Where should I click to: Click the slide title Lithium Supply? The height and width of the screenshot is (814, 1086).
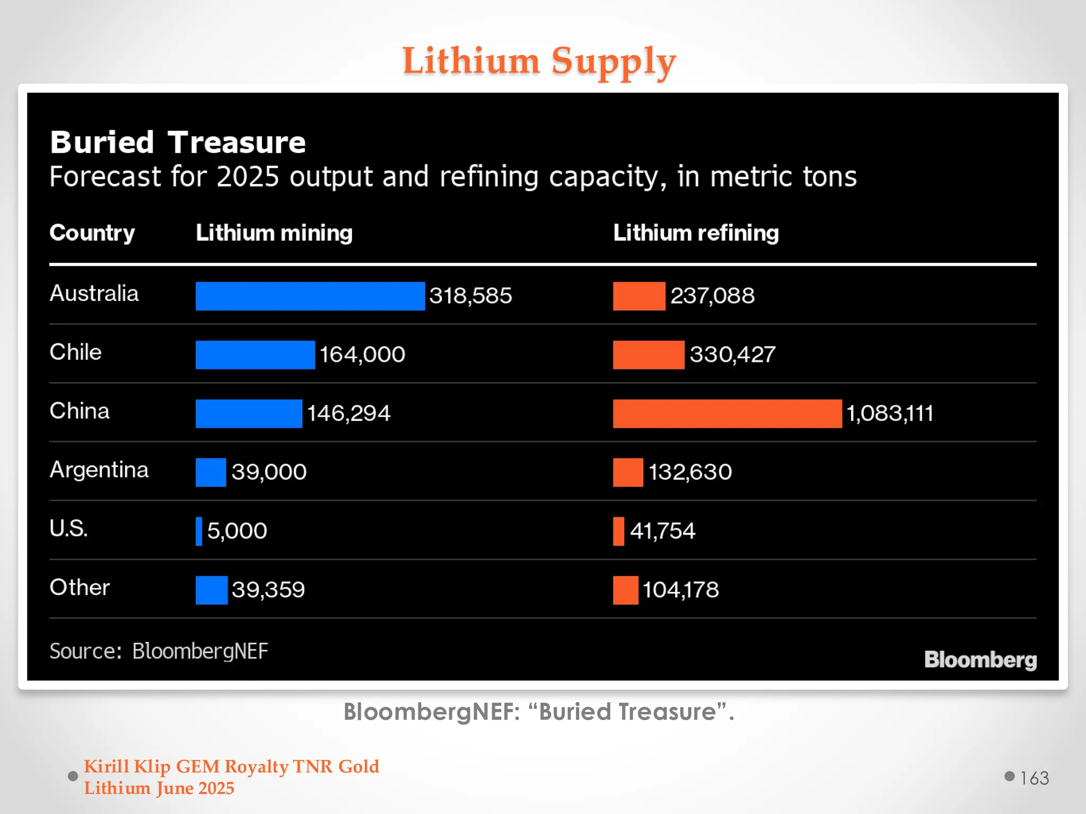(x=539, y=61)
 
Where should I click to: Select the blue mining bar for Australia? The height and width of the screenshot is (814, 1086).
(x=310, y=296)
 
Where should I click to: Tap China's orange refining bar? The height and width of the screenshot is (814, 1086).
(x=727, y=413)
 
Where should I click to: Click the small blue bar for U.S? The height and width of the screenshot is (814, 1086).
(x=199, y=531)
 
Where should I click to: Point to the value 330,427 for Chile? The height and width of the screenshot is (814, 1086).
(x=732, y=355)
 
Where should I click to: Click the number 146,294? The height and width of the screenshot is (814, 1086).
(x=348, y=413)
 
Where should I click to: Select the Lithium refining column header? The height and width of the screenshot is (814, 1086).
(x=696, y=233)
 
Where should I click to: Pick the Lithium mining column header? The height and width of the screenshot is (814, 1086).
(x=274, y=233)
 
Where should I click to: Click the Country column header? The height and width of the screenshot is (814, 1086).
(x=92, y=233)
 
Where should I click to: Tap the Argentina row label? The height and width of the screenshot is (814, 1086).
(x=99, y=470)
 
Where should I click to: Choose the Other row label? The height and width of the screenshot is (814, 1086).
(x=80, y=588)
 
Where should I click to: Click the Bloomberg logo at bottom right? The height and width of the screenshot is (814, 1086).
(x=980, y=660)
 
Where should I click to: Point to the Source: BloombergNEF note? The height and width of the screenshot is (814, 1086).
(x=159, y=651)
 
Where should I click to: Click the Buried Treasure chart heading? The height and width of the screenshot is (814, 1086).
(x=178, y=143)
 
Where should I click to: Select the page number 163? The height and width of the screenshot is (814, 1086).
(x=1034, y=778)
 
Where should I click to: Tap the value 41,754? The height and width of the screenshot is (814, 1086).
(x=662, y=531)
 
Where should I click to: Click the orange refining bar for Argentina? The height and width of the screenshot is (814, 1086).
(x=628, y=472)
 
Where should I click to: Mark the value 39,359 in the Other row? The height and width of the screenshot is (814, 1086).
(x=268, y=590)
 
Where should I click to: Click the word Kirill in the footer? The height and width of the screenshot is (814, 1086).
(x=106, y=767)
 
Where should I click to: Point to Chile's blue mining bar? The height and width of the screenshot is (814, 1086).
(x=255, y=355)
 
